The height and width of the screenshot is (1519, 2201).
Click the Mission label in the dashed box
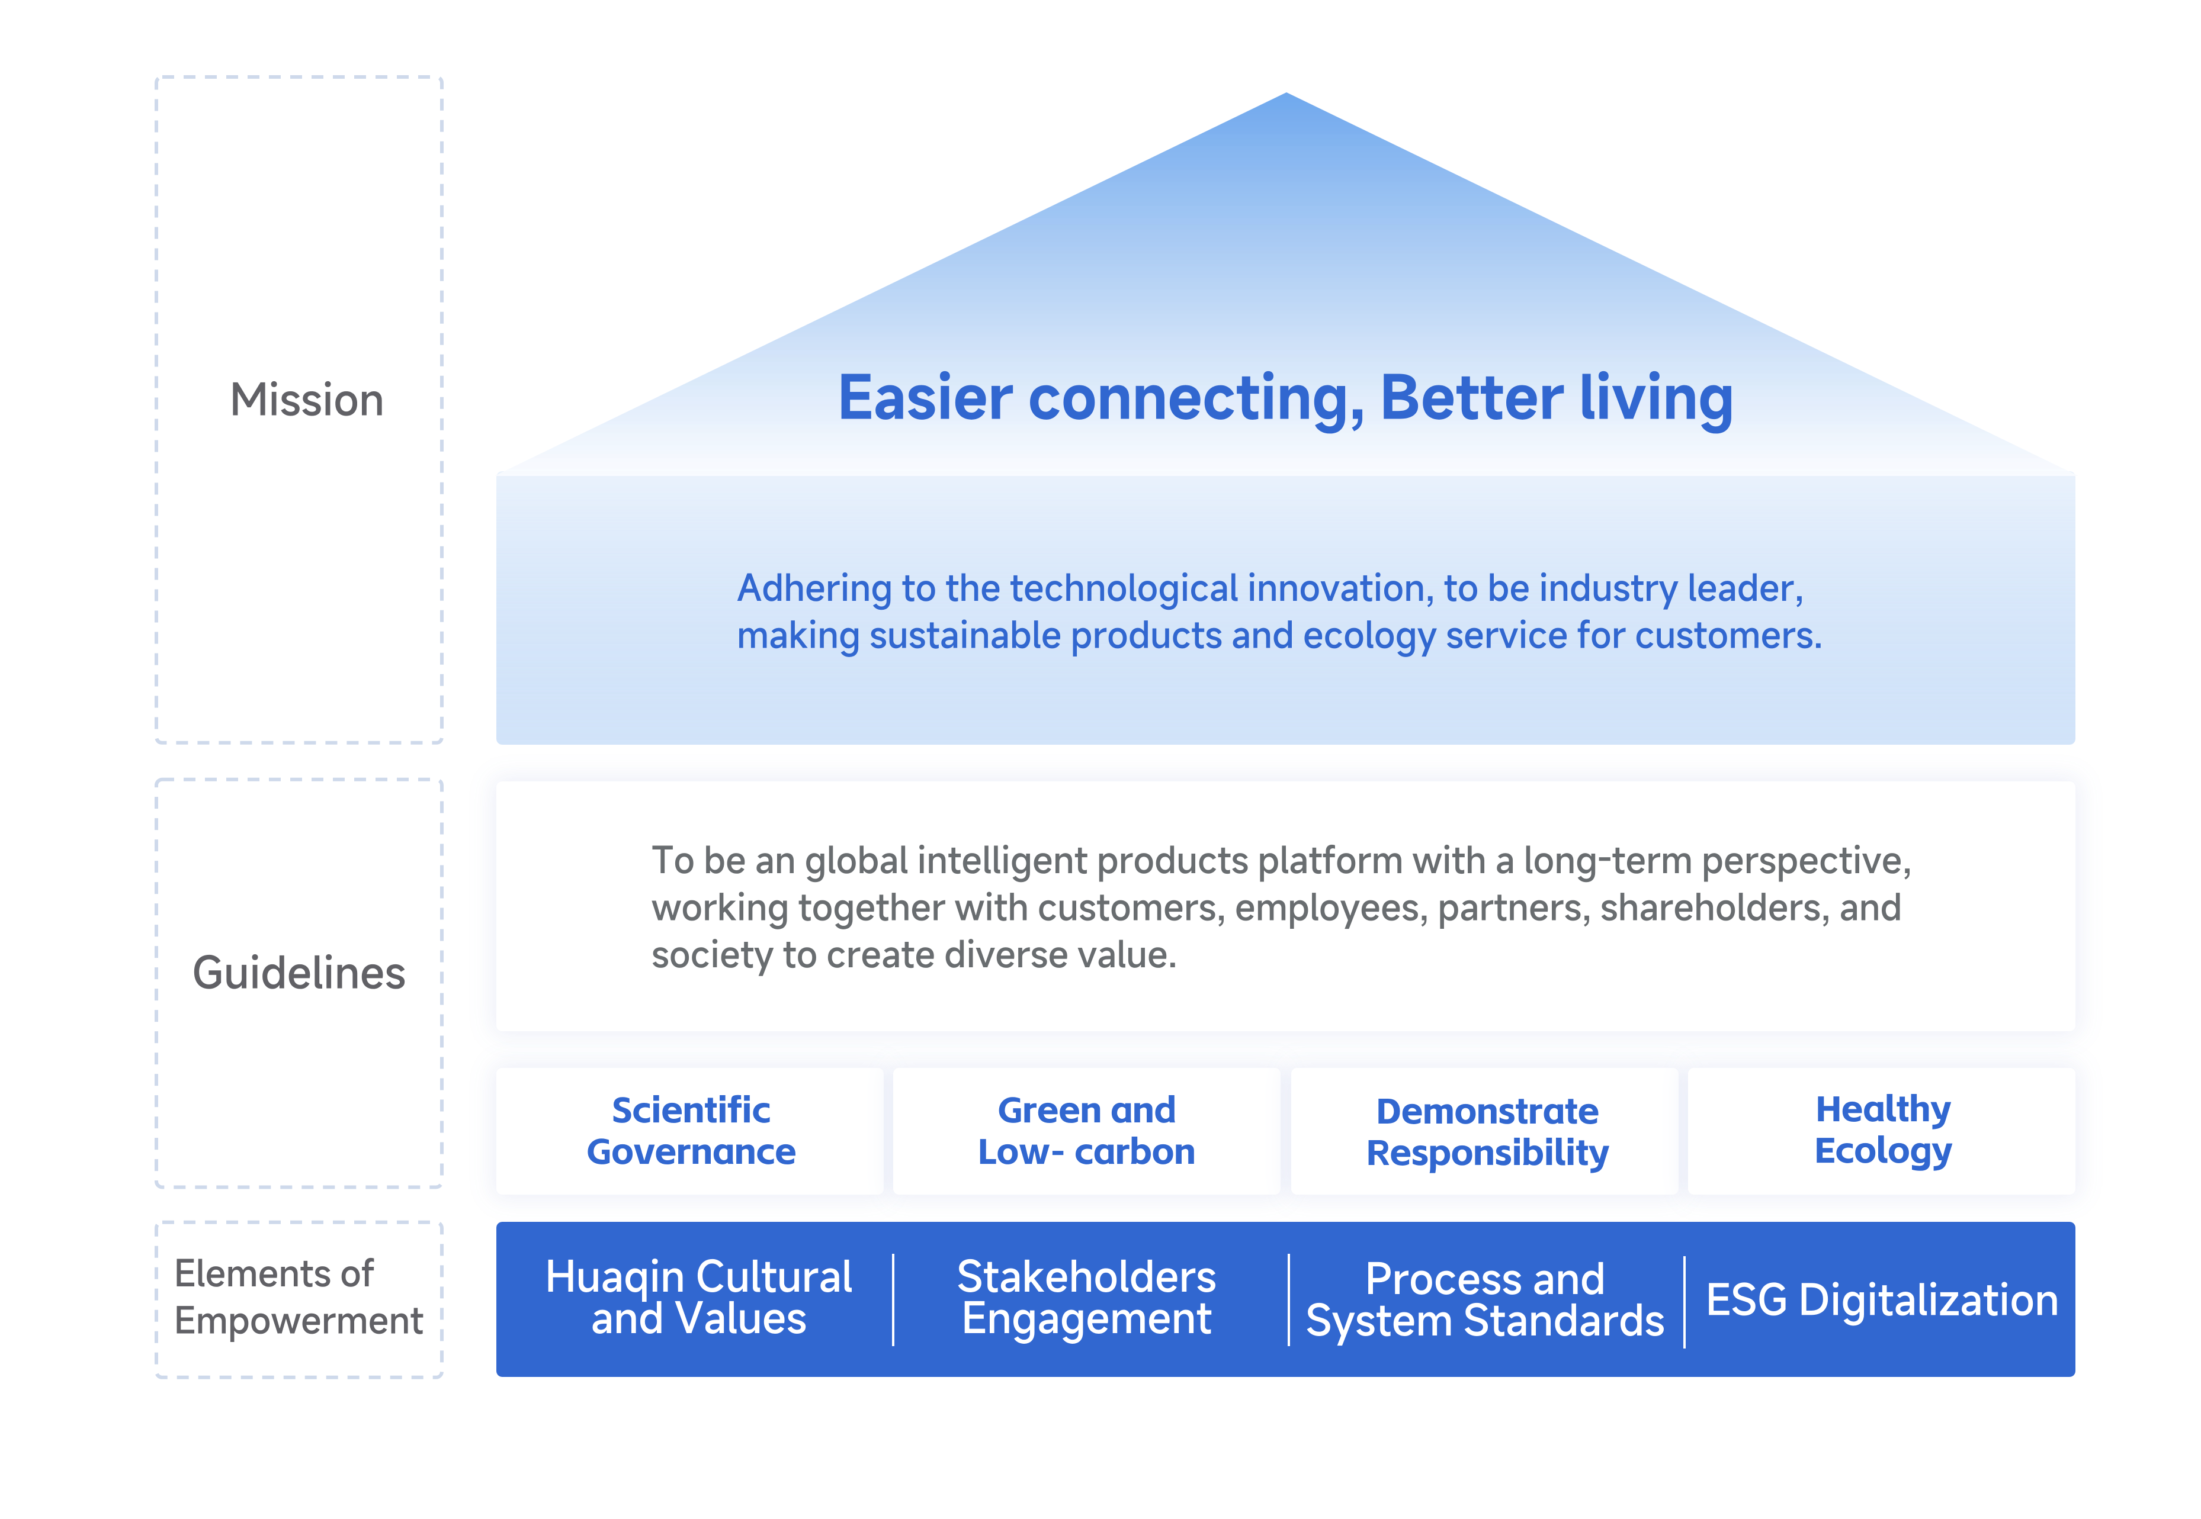tap(307, 400)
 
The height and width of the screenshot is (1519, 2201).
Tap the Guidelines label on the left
tap(299, 973)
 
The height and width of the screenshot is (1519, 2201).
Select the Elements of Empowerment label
tap(298, 1297)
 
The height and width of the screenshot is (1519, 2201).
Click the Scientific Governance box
tap(691, 1131)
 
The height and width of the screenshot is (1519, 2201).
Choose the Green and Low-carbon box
tap(1086, 1131)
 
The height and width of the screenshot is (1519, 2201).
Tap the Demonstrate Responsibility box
tap(1487, 1131)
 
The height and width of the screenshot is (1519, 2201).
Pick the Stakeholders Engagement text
tap(1086, 1297)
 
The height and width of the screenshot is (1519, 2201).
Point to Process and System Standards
tap(1485, 1299)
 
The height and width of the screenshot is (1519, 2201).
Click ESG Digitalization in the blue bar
tap(1882, 1300)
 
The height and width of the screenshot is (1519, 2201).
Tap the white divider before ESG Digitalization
tap(1684, 1301)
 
